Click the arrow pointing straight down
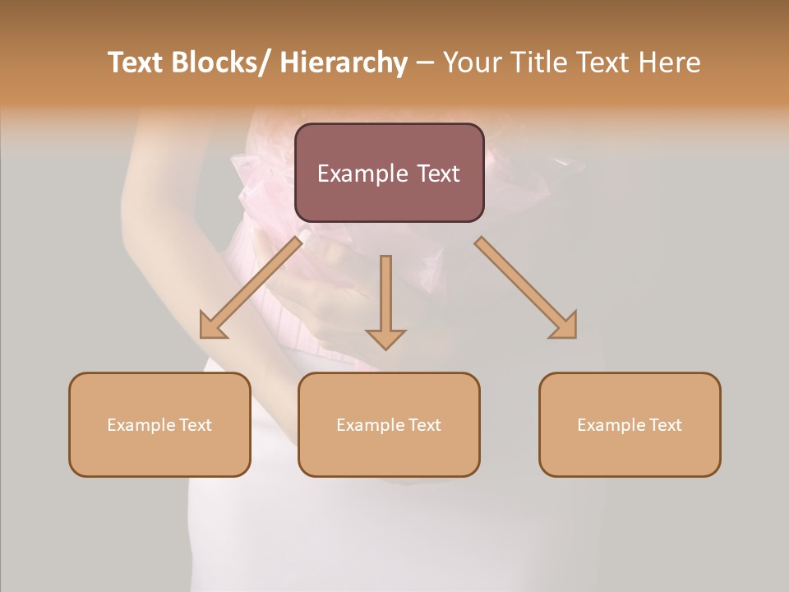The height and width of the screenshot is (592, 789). click(x=385, y=301)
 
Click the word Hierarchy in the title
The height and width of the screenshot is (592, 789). click(x=343, y=62)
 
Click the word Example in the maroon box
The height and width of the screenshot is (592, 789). click(x=362, y=173)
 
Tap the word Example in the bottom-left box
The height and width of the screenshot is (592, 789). click(x=141, y=425)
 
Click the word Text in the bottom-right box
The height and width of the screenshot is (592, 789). click(x=664, y=425)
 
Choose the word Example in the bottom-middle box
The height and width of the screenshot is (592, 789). click(x=370, y=425)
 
